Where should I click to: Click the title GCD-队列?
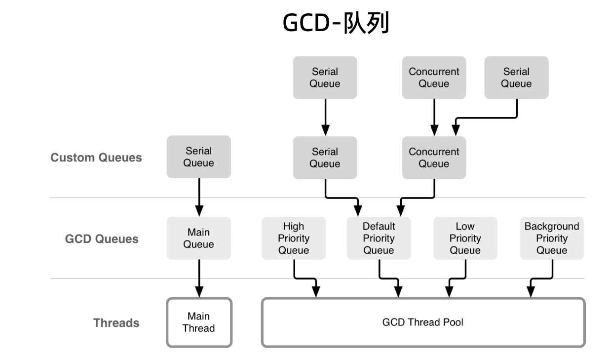click(x=336, y=23)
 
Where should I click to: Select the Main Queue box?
click(x=198, y=238)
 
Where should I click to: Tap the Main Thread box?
click(x=199, y=322)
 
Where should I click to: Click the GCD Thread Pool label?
click(x=423, y=322)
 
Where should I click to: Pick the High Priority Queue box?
click(x=294, y=238)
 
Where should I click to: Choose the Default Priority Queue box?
click(x=379, y=238)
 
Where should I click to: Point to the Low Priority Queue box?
click(x=465, y=238)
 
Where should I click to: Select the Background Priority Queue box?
click(x=552, y=238)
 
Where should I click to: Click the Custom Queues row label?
click(x=96, y=158)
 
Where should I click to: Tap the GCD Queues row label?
click(x=102, y=239)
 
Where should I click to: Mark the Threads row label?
click(x=116, y=323)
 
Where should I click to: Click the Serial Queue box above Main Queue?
click(x=198, y=157)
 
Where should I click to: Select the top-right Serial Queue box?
click(x=516, y=78)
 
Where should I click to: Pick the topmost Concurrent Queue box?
click(x=434, y=78)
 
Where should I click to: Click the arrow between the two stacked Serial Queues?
click(x=325, y=118)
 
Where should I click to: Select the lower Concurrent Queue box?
click(x=434, y=158)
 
